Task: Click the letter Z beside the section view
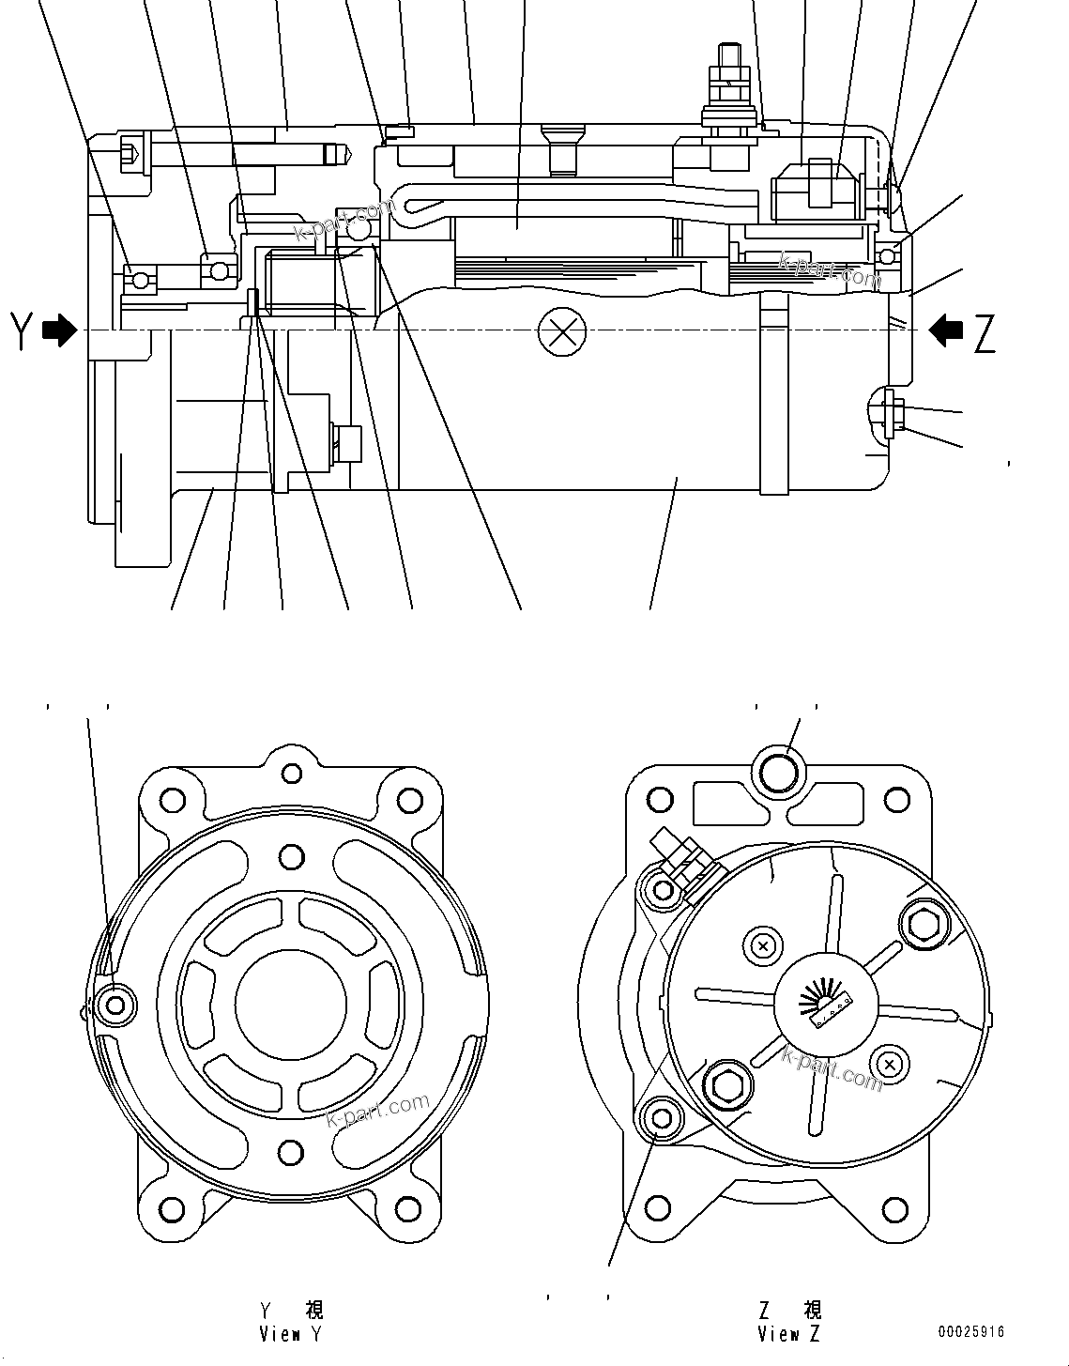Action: [984, 333]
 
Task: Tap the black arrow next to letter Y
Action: [60, 330]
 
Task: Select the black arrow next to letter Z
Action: [946, 330]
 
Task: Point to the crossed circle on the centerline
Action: [561, 332]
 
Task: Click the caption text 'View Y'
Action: [291, 1334]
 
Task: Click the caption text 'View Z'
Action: [789, 1334]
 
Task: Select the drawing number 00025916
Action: [970, 1332]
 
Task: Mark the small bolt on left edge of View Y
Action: [116, 1005]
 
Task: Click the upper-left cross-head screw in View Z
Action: [762, 945]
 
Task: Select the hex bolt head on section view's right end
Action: [893, 418]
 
